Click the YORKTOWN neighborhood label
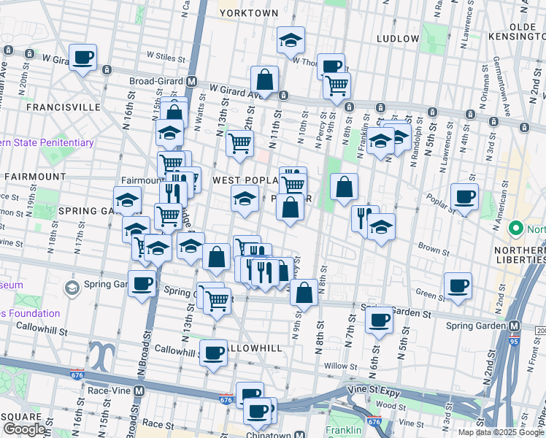point(249,13)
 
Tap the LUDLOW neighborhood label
point(398,38)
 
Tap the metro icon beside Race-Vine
point(139,391)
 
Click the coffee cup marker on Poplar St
point(464,196)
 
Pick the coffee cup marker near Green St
point(458,285)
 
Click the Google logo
point(24,430)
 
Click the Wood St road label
point(391,405)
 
